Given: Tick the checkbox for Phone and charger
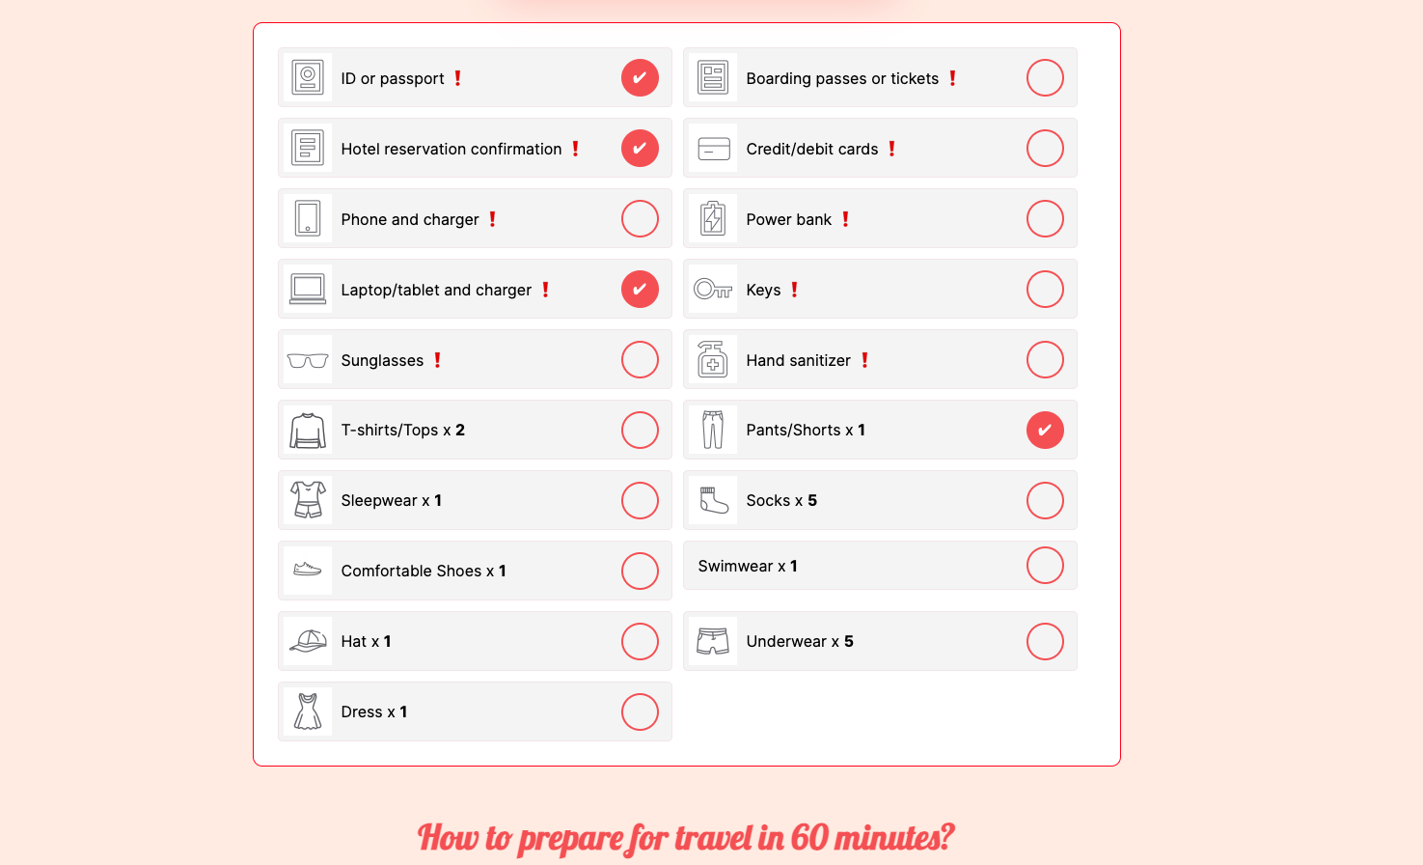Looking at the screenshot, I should click(640, 219).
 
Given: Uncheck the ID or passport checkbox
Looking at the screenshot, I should click(640, 78).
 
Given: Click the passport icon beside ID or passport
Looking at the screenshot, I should click(308, 78).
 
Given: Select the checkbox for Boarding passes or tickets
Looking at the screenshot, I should click(1045, 78).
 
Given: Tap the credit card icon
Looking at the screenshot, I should click(713, 149).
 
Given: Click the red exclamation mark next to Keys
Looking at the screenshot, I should click(794, 290).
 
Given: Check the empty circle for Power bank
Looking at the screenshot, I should click(1045, 219).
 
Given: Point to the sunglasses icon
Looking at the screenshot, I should click(308, 361).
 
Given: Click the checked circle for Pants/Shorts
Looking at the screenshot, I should click(1045, 431).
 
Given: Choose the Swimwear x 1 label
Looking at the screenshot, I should click(748, 567).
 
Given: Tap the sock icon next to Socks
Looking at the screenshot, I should click(713, 501).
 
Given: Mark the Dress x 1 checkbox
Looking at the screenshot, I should click(640, 712).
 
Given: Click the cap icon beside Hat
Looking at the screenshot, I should click(308, 642).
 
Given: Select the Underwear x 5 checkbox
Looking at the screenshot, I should click(1045, 642).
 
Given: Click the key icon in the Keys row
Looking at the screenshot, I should click(713, 290).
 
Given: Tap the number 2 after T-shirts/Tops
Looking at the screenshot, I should click(460, 431).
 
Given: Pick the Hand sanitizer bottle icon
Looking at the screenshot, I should click(713, 360).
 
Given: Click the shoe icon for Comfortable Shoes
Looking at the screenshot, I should click(308, 571).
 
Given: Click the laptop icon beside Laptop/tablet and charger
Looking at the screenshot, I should click(308, 290).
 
